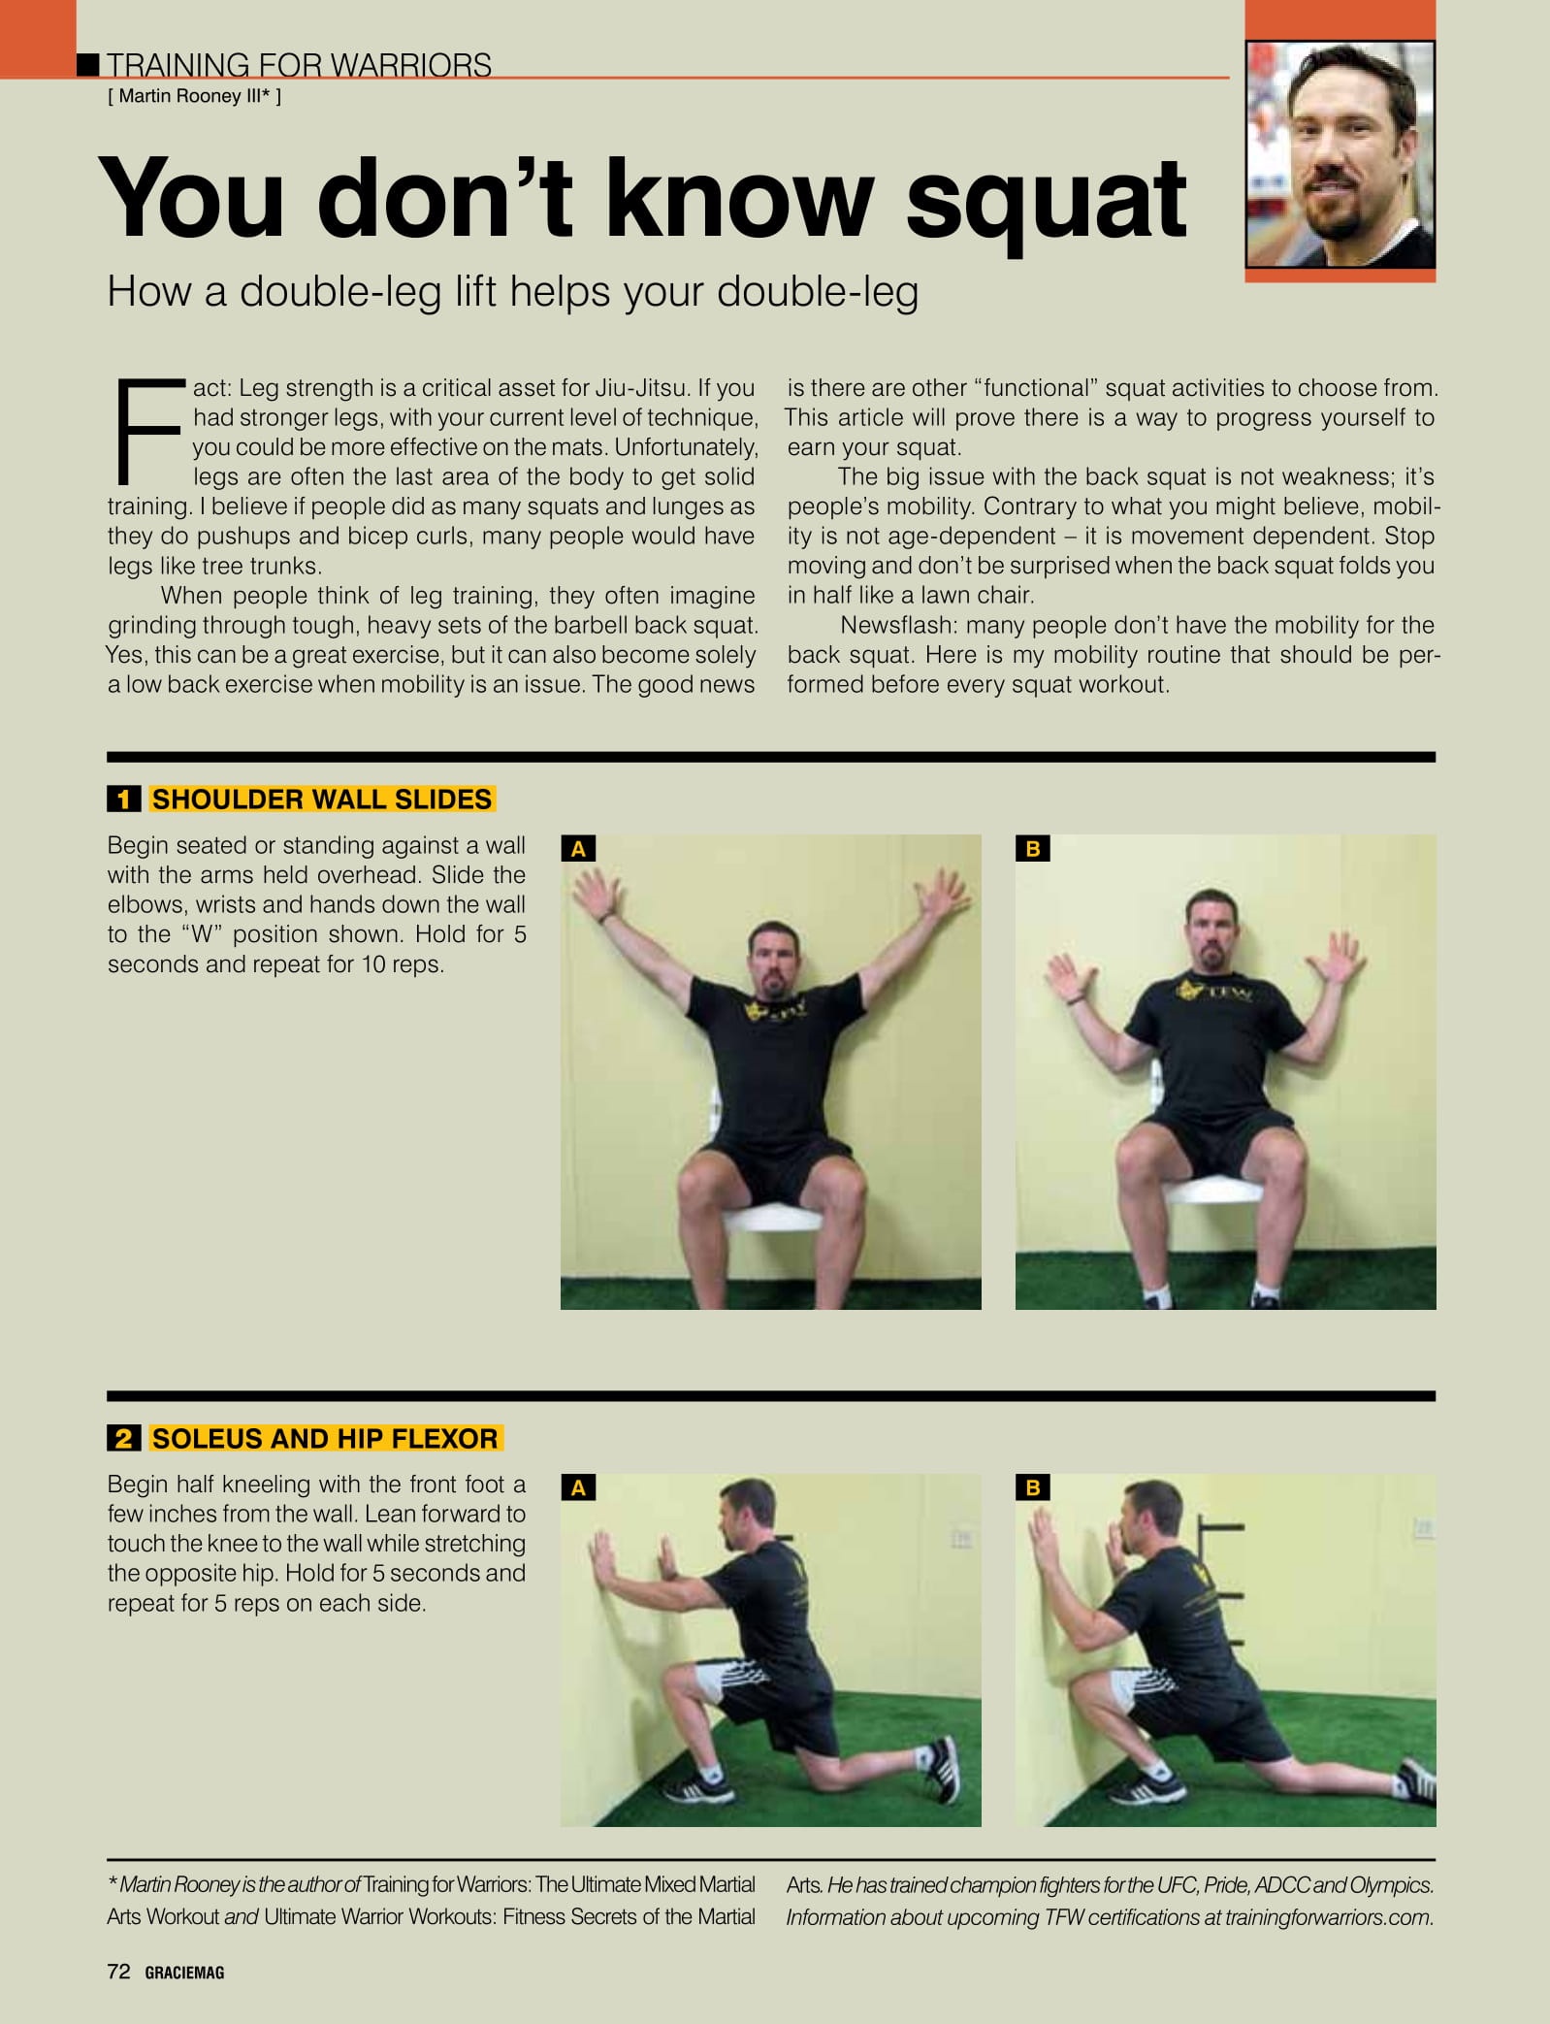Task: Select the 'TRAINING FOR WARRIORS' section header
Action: click(299, 65)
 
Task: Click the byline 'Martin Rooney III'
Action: click(189, 95)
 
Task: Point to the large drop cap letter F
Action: click(149, 432)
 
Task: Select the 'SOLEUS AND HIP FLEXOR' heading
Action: click(325, 1438)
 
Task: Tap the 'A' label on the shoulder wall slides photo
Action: click(578, 849)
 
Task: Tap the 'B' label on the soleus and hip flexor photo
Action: click(1032, 1487)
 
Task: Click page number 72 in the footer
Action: click(118, 1971)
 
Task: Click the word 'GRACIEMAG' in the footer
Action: click(184, 1972)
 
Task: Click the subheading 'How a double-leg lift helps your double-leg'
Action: click(513, 292)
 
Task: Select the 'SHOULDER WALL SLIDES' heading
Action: click(322, 800)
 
